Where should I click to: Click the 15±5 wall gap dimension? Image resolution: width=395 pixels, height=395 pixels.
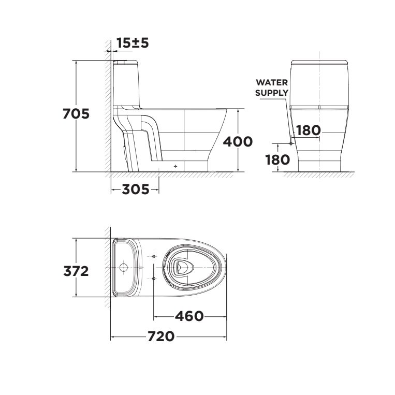pyautogui.click(x=132, y=43)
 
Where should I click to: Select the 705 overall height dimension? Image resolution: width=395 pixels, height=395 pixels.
pyautogui.click(x=76, y=113)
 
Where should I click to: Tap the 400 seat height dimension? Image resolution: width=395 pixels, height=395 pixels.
pyautogui.click(x=238, y=141)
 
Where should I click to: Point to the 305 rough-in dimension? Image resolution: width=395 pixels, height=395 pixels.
pyautogui.click(x=135, y=189)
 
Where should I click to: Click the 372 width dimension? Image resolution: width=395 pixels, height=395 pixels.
pyautogui.click(x=76, y=270)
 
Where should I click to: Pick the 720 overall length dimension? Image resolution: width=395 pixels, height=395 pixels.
pyautogui.click(x=160, y=337)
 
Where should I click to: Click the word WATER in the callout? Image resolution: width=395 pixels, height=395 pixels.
pyautogui.click(x=272, y=83)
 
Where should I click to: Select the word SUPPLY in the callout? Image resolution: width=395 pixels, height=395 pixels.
pyautogui.click(x=272, y=93)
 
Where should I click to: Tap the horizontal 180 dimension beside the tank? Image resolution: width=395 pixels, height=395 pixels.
pyautogui.click(x=308, y=130)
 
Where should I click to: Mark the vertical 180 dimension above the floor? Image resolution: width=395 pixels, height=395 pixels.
pyautogui.click(x=277, y=159)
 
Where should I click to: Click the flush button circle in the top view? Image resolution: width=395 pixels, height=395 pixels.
pyautogui.click(x=124, y=268)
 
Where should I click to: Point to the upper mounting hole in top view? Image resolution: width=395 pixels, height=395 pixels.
pyautogui.click(x=154, y=256)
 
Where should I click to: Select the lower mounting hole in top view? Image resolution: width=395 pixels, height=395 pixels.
pyautogui.click(x=154, y=279)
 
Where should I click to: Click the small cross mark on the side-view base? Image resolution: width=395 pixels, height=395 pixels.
pyautogui.click(x=176, y=166)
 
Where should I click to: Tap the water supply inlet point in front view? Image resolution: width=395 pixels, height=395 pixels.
pyautogui.click(x=291, y=143)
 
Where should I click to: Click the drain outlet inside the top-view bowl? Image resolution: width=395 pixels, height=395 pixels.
pyautogui.click(x=182, y=267)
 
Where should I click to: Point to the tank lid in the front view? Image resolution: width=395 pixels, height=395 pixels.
pyautogui.click(x=320, y=63)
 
